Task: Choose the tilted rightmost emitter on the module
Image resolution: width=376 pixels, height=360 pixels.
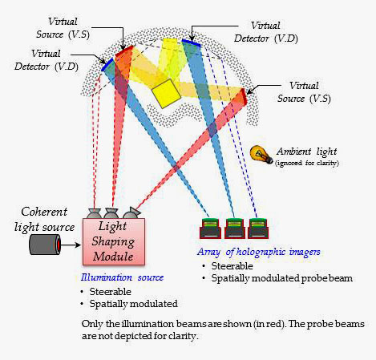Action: coord(131,213)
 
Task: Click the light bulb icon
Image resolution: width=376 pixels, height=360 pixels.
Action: coord(260,153)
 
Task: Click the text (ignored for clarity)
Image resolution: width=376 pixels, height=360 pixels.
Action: coord(307,163)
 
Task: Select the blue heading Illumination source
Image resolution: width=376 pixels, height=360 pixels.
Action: coord(116,277)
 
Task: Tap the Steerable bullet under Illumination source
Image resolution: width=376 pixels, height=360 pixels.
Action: coord(111,291)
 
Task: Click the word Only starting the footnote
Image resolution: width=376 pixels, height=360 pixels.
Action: coord(92,323)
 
